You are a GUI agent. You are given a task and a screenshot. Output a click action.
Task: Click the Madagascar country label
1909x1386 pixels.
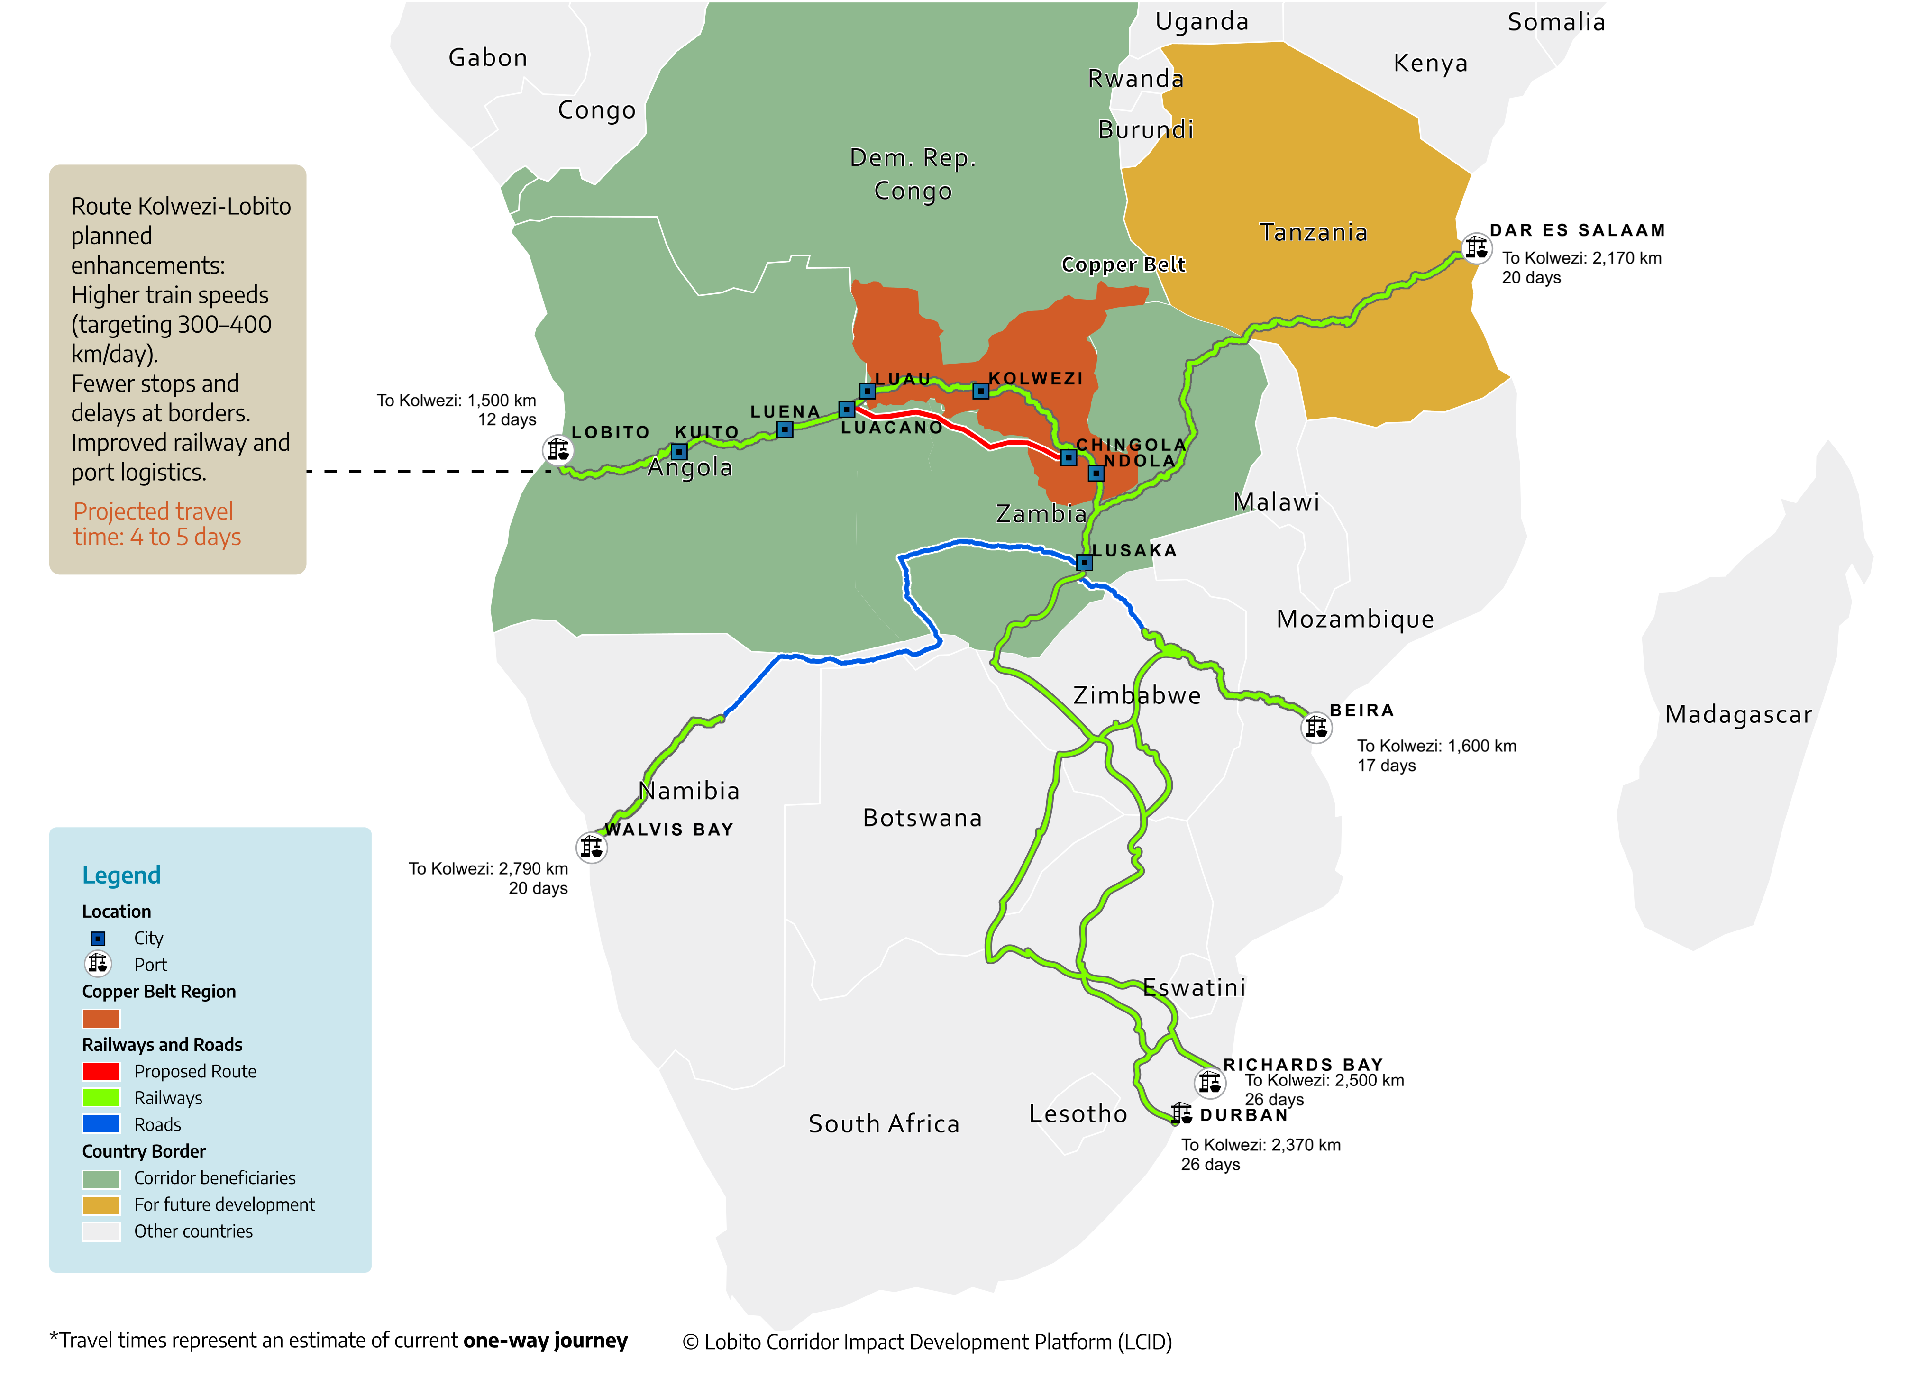point(1738,714)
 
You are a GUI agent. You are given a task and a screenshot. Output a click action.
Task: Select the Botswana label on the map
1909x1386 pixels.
point(923,818)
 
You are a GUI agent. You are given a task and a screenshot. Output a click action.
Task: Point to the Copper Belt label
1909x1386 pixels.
point(1123,265)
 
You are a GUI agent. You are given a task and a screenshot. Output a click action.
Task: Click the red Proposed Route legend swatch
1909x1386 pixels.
point(101,1071)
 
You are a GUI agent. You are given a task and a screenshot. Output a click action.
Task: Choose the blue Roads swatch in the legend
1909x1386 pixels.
point(101,1124)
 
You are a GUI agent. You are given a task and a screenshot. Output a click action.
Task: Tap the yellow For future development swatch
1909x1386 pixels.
point(101,1205)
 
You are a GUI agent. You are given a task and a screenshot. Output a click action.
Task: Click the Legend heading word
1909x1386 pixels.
point(121,875)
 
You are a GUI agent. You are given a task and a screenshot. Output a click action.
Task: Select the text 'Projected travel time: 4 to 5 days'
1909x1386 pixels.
point(156,524)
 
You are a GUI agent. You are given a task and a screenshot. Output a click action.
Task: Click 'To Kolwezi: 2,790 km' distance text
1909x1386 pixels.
point(488,868)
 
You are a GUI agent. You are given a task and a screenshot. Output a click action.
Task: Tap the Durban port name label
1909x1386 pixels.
point(1244,1115)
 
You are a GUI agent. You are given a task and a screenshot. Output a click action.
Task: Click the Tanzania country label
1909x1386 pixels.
point(1313,232)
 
